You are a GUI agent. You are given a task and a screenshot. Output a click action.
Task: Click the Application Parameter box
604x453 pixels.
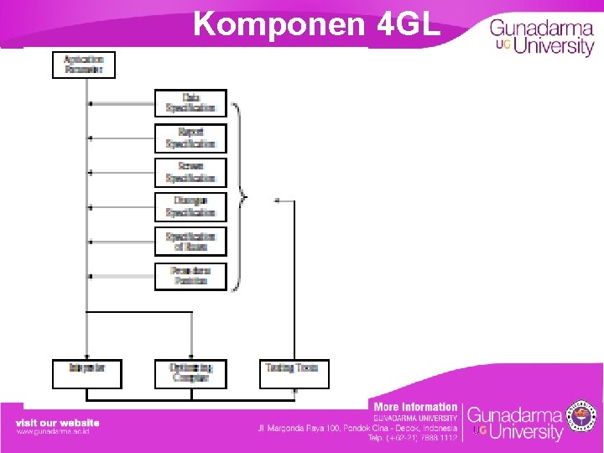(83, 65)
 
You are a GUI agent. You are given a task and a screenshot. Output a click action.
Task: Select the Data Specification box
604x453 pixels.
(190, 102)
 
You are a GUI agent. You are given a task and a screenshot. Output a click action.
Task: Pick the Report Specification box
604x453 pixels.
(190, 138)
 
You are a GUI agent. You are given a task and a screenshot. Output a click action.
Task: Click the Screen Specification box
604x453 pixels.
(190, 172)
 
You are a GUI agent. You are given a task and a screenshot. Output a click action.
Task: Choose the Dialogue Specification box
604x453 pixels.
(190, 206)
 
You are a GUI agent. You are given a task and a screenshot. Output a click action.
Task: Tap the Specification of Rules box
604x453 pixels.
(190, 241)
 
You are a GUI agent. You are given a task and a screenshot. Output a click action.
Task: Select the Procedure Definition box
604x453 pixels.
(190, 276)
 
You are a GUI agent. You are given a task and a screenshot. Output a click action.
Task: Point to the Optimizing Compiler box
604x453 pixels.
(191, 373)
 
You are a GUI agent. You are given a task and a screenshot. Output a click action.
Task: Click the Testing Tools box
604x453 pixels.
(292, 373)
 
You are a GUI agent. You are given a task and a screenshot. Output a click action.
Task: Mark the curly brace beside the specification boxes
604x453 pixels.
(241, 198)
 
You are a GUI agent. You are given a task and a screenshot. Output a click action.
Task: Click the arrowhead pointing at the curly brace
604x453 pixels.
(278, 200)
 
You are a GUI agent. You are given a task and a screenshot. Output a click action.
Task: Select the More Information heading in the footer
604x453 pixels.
(415, 407)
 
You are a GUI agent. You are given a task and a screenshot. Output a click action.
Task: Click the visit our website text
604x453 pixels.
(57, 423)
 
